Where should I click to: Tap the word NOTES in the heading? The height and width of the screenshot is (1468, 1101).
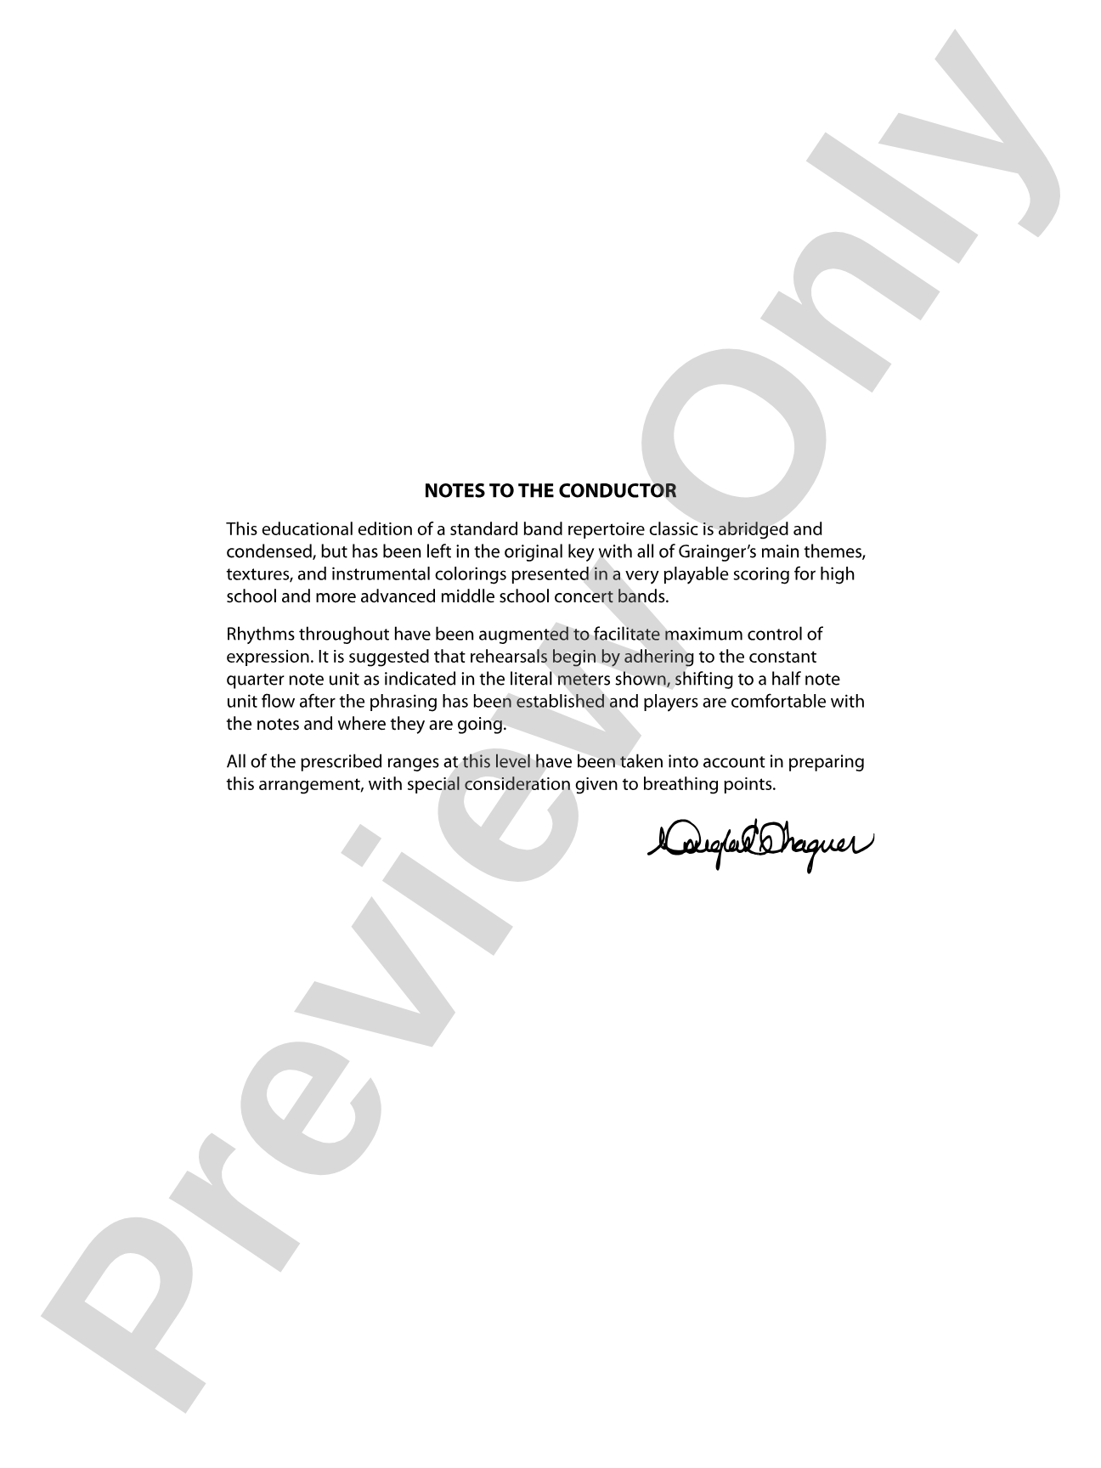tap(452, 490)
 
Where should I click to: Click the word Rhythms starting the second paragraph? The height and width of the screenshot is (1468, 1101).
tap(260, 634)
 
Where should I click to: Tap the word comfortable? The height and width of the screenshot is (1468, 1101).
tap(780, 701)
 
